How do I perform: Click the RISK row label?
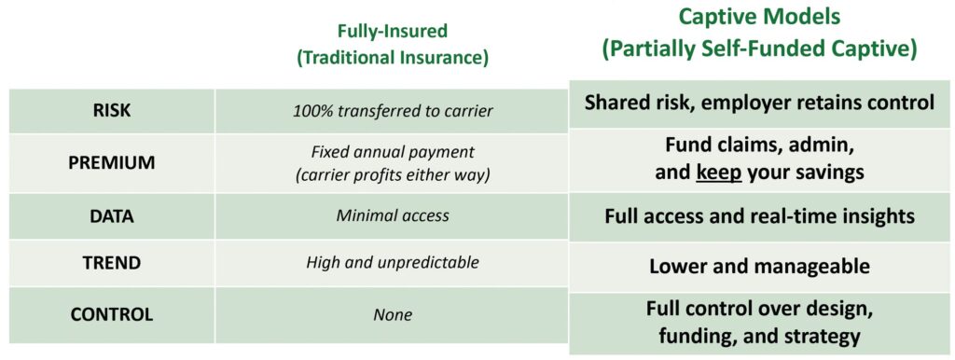111,112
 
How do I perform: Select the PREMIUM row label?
111,162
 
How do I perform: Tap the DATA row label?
111,215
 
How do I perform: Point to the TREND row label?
112,262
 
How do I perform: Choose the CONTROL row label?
112,315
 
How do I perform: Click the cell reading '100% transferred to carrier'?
393,112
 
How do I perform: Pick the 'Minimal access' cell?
393,215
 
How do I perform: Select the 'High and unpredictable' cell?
393,262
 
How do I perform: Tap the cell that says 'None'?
393,315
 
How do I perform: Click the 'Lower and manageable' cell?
759,266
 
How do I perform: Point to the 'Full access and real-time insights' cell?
759,217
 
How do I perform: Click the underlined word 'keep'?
719,173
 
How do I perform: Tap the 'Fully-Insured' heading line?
393,31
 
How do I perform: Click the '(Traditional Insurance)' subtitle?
393,58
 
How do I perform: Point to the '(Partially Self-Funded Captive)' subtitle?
759,50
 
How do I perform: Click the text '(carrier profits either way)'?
393,173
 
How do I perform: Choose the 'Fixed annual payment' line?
393,152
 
